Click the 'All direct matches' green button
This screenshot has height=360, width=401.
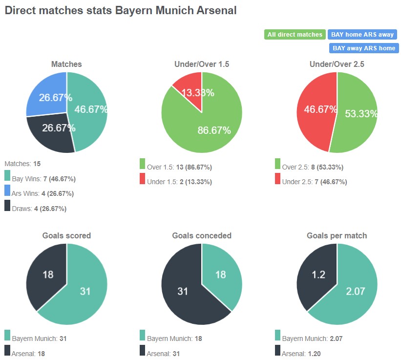[295, 35]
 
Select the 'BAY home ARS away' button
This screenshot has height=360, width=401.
[362, 35]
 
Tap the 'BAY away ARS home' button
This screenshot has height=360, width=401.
[364, 48]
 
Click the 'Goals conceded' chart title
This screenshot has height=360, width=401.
[202, 235]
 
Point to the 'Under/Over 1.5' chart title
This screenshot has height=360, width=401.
[202, 64]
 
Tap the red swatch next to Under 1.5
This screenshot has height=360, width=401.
[142, 180]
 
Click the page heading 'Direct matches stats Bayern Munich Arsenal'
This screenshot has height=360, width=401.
[121, 10]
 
